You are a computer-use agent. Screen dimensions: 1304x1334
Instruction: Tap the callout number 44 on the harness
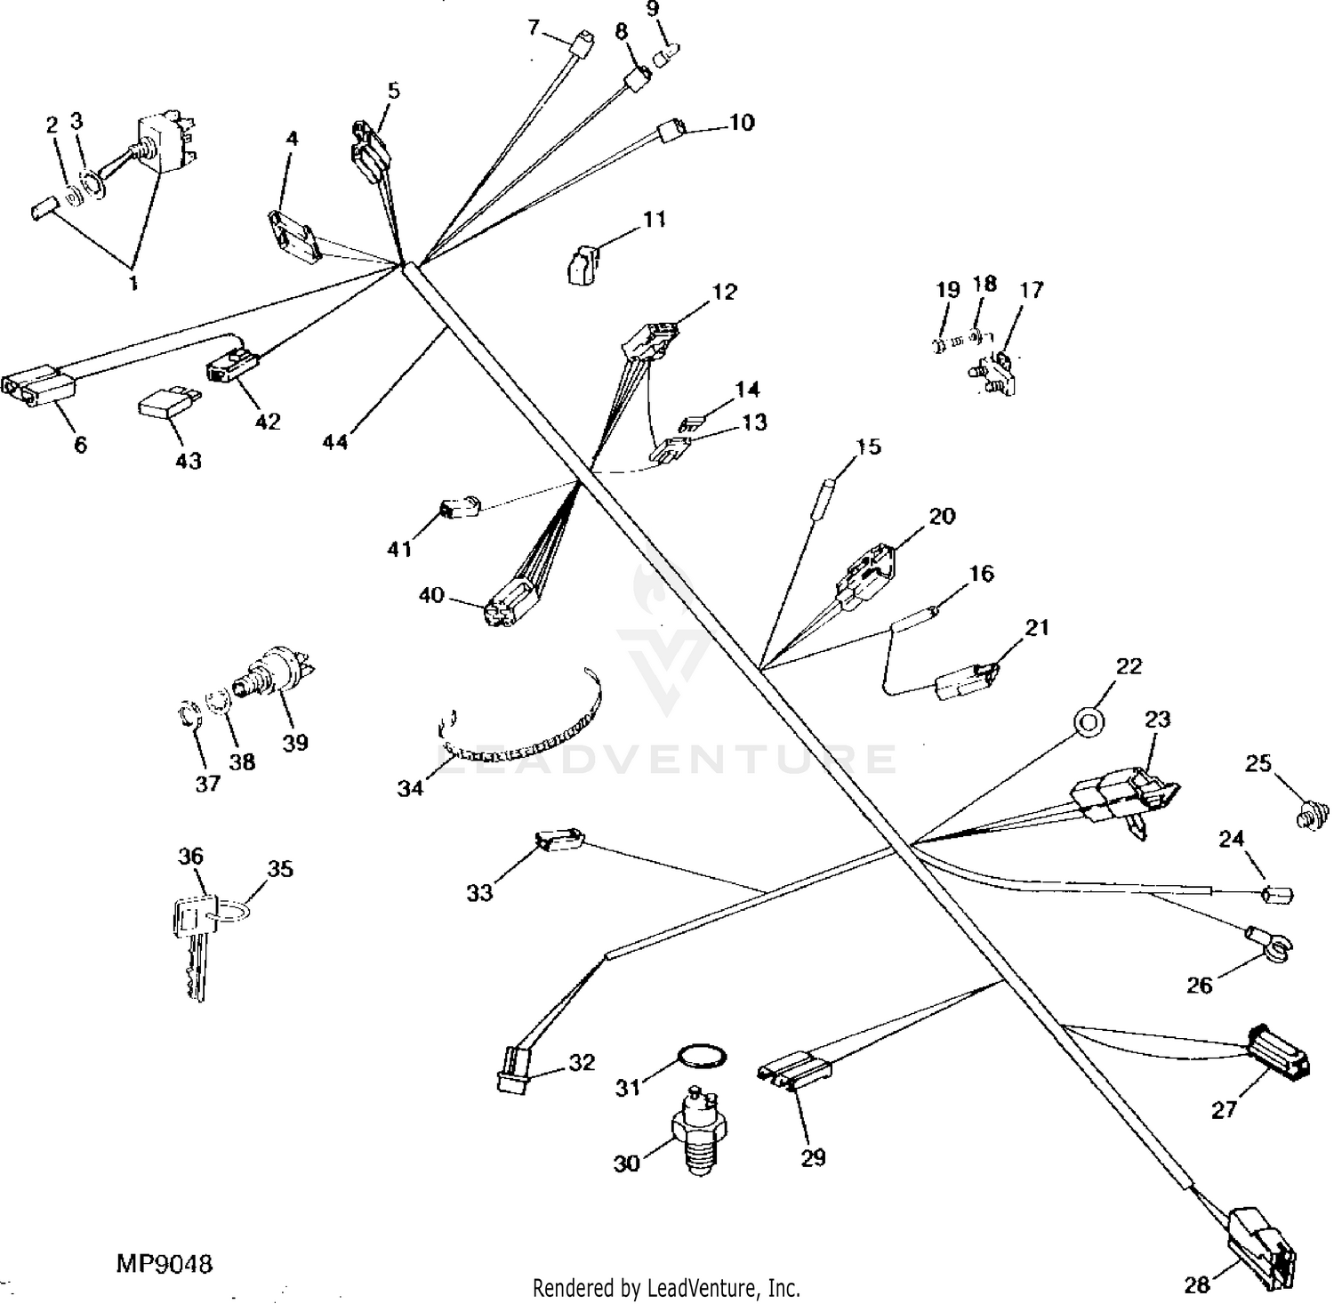335,441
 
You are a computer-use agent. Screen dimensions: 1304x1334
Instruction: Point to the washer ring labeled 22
1089,721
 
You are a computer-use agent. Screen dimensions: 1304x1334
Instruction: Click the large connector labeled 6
40,389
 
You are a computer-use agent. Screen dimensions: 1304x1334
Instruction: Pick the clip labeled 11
583,265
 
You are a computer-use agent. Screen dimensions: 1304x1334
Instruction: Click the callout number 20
942,516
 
